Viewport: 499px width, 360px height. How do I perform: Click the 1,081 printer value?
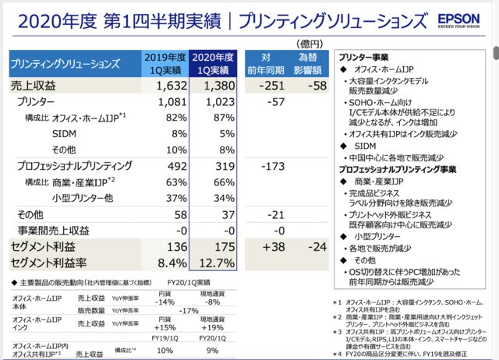167,101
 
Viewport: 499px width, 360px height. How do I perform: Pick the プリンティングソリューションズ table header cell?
66,63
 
